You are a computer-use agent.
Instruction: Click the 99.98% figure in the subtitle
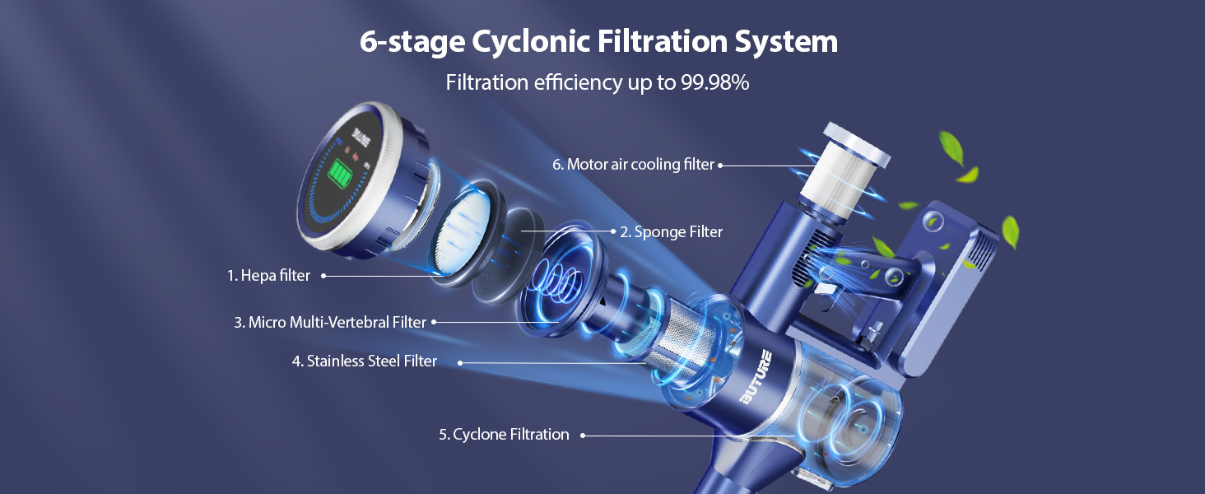714,82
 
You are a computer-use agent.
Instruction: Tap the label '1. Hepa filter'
268,276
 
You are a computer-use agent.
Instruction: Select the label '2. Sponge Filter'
671,232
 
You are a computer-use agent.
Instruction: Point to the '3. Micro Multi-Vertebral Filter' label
329,323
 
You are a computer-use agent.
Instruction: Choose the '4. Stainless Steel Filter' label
364,361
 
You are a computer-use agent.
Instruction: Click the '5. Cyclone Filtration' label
503,434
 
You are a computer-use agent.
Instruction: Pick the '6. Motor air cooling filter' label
633,165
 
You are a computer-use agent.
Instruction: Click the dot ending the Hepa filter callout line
323,277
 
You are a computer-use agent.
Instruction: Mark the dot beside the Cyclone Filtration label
583,435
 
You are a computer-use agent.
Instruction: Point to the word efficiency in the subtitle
564,82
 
